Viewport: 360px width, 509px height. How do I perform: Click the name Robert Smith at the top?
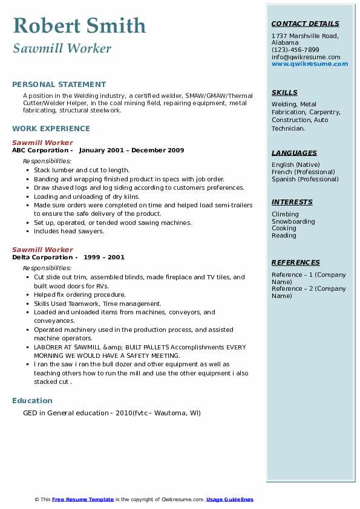[x=79, y=25]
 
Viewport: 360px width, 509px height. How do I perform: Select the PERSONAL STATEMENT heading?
[x=59, y=85]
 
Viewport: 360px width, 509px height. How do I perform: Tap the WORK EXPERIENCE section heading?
[x=51, y=129]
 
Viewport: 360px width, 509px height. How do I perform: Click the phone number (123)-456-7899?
[x=295, y=50]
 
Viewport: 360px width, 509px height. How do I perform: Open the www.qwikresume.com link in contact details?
[x=310, y=64]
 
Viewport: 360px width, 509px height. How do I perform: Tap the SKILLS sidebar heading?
[x=284, y=93]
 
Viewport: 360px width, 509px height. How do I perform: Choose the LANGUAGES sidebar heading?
[x=294, y=154]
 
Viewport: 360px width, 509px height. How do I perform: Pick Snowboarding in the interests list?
[x=293, y=221]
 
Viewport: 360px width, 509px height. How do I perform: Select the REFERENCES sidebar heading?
[x=296, y=262]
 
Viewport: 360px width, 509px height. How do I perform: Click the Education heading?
[x=32, y=401]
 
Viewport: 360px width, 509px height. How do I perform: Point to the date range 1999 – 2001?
[x=104, y=258]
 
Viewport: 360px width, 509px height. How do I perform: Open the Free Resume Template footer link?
[x=83, y=499]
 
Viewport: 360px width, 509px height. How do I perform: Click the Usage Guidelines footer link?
[x=230, y=499]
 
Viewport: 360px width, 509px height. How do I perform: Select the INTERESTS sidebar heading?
[x=292, y=203]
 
